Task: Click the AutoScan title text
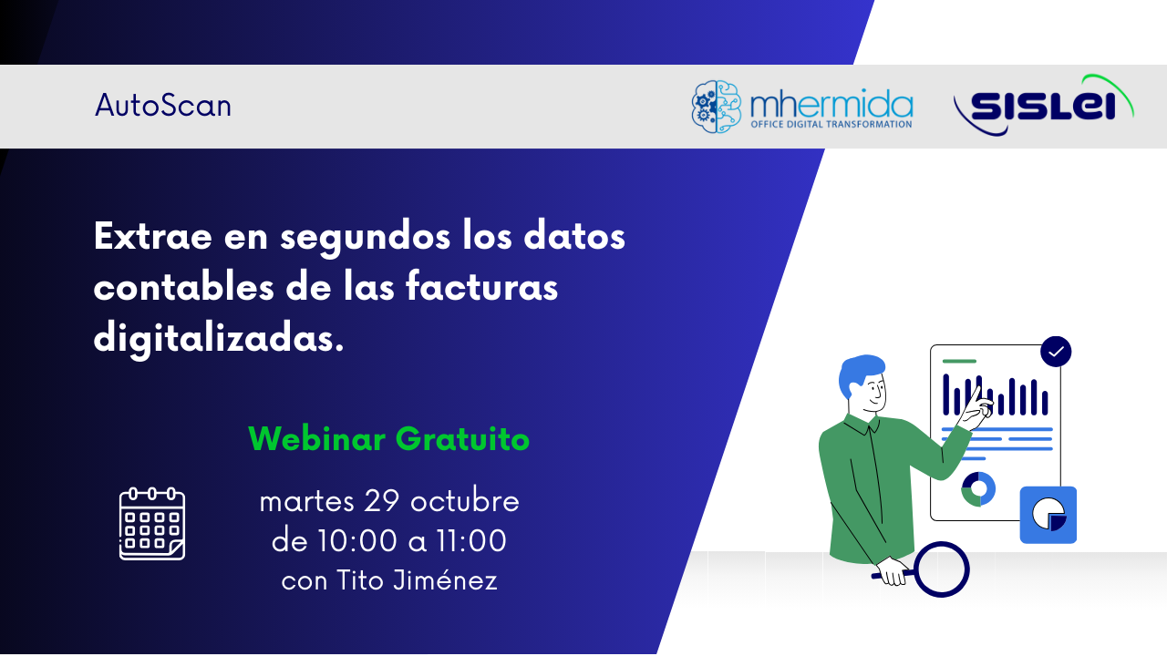[x=163, y=106]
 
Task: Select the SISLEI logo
[x=1043, y=107]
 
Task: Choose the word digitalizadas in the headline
[x=219, y=339]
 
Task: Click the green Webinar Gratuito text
[x=388, y=439]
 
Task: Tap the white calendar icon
[x=152, y=524]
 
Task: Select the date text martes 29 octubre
[x=389, y=501]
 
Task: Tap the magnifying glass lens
[x=941, y=569]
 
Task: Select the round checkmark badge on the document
[x=1056, y=352]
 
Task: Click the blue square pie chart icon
[x=1048, y=515]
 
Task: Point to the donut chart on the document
[x=978, y=489]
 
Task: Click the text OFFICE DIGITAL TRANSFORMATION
[x=831, y=124]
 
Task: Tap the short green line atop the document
[x=959, y=361]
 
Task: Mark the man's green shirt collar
[x=862, y=425]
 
